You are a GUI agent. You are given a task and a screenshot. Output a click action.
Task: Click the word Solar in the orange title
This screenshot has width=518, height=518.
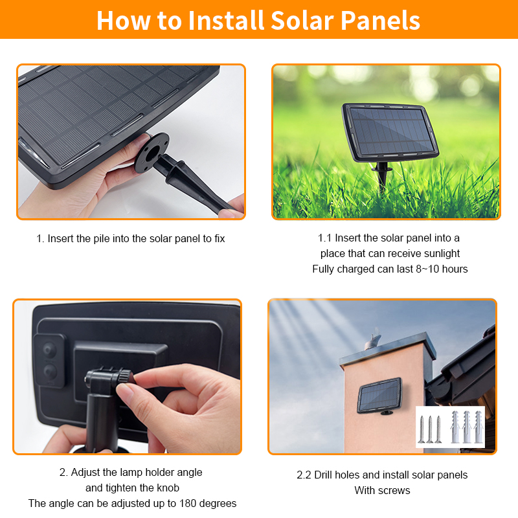pyautogui.click(x=302, y=21)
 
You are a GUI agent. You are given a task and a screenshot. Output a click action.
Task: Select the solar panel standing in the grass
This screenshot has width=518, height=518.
pyautogui.click(x=390, y=132)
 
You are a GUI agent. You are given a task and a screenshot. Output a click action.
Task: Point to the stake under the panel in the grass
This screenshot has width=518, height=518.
pyautogui.click(x=382, y=177)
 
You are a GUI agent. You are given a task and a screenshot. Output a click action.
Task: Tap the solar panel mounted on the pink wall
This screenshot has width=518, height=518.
pyautogui.click(x=379, y=395)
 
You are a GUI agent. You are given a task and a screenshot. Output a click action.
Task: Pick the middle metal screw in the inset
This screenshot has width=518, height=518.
pyautogui.click(x=430, y=429)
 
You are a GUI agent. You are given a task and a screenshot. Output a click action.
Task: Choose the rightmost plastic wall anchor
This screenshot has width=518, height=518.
pyautogui.click(x=479, y=427)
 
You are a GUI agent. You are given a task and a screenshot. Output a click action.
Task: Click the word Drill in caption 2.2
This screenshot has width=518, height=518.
pyautogui.click(x=323, y=475)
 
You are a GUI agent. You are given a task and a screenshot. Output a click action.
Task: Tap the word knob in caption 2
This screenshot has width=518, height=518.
pyautogui.click(x=168, y=488)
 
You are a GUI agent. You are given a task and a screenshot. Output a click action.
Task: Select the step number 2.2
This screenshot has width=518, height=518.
pyautogui.click(x=304, y=475)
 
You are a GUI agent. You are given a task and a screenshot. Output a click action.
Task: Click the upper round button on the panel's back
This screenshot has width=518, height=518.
pyautogui.click(x=49, y=349)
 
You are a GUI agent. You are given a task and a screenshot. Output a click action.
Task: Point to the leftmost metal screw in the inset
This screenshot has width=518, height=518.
pyautogui.click(x=422, y=429)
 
